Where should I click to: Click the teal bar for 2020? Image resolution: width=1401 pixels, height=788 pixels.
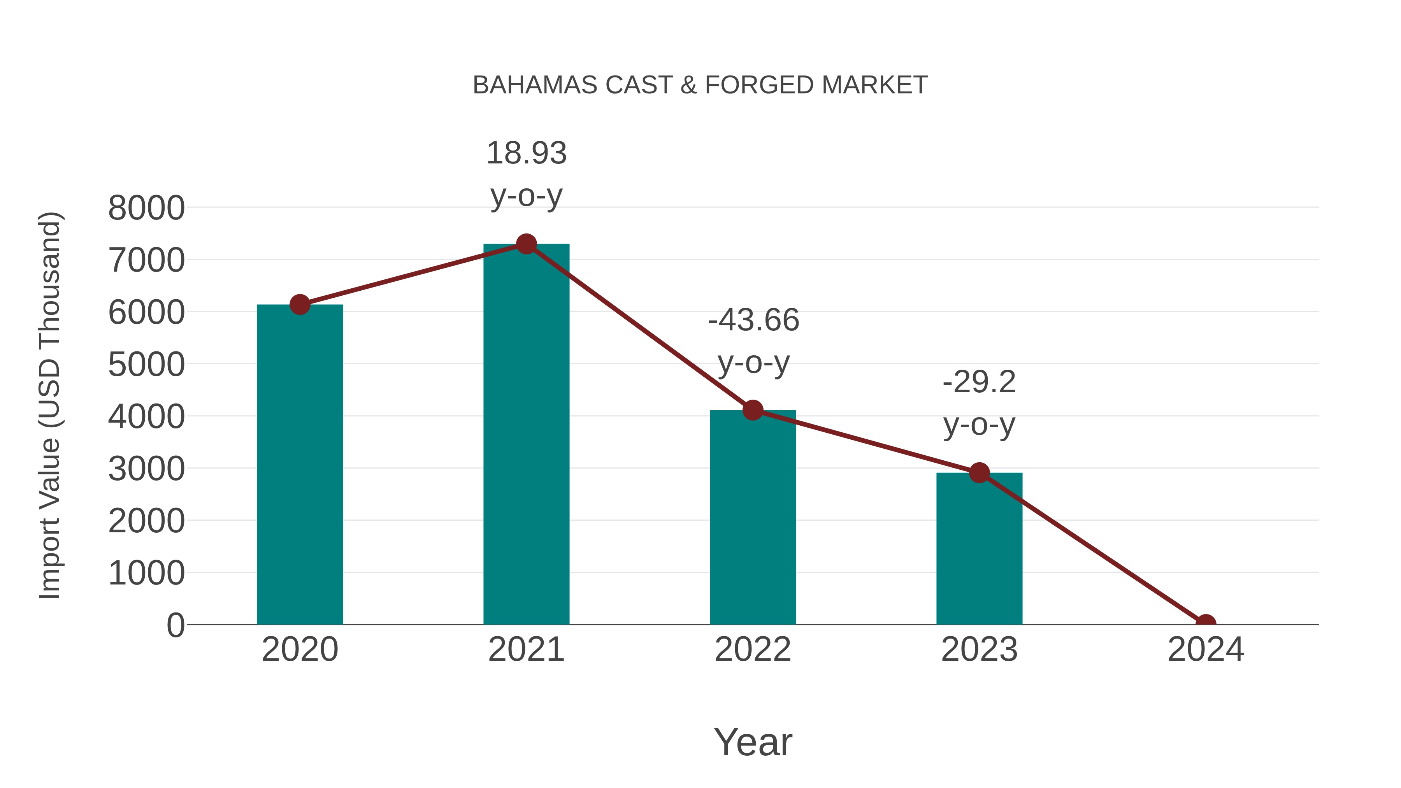[x=300, y=468]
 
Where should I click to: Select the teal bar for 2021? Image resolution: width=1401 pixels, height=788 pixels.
[x=526, y=435]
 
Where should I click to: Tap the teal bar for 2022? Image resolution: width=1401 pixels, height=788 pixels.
[x=753, y=519]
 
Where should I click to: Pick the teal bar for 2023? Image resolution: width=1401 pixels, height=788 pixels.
[x=979, y=549]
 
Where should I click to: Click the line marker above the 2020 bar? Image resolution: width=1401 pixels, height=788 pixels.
[x=300, y=305]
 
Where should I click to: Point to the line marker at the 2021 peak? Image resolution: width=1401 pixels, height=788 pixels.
[x=526, y=244]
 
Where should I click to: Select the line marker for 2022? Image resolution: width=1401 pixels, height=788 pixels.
[x=753, y=410]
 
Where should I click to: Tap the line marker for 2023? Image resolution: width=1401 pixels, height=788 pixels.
[x=979, y=472]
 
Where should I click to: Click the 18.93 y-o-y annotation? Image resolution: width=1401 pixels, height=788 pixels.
[x=526, y=174]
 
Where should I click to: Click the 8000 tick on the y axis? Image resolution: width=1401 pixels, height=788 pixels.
[x=146, y=208]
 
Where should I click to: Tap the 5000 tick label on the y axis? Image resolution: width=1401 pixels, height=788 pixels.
[x=146, y=364]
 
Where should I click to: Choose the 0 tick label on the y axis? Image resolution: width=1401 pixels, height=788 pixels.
[x=175, y=625]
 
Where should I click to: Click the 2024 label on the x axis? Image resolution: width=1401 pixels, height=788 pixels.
[x=1205, y=649]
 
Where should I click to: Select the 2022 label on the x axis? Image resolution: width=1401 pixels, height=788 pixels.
[x=753, y=649]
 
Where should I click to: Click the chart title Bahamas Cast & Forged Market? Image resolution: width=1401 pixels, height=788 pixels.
[x=700, y=85]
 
